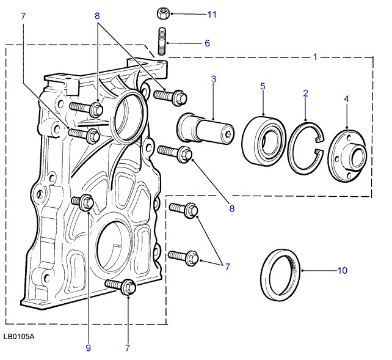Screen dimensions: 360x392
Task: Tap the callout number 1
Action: tap(315, 57)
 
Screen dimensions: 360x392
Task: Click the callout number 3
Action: tap(214, 79)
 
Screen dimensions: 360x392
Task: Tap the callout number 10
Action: tap(341, 270)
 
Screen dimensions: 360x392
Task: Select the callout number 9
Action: tap(89, 348)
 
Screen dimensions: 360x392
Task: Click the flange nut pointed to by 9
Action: tap(85, 202)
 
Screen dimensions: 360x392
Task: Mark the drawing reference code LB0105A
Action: tap(18, 336)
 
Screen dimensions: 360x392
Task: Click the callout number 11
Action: tap(212, 13)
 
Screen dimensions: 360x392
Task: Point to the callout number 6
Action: tap(207, 43)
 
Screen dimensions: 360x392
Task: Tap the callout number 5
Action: tap(263, 86)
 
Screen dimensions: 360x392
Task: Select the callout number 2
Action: tap(305, 94)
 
